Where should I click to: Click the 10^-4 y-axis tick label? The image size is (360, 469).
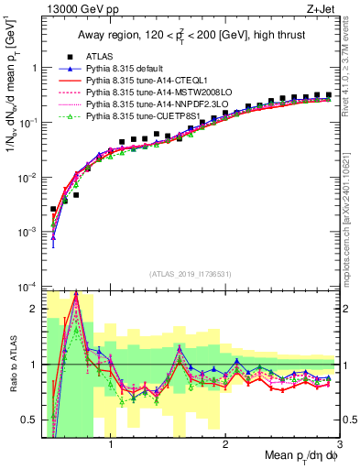click(27, 287)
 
